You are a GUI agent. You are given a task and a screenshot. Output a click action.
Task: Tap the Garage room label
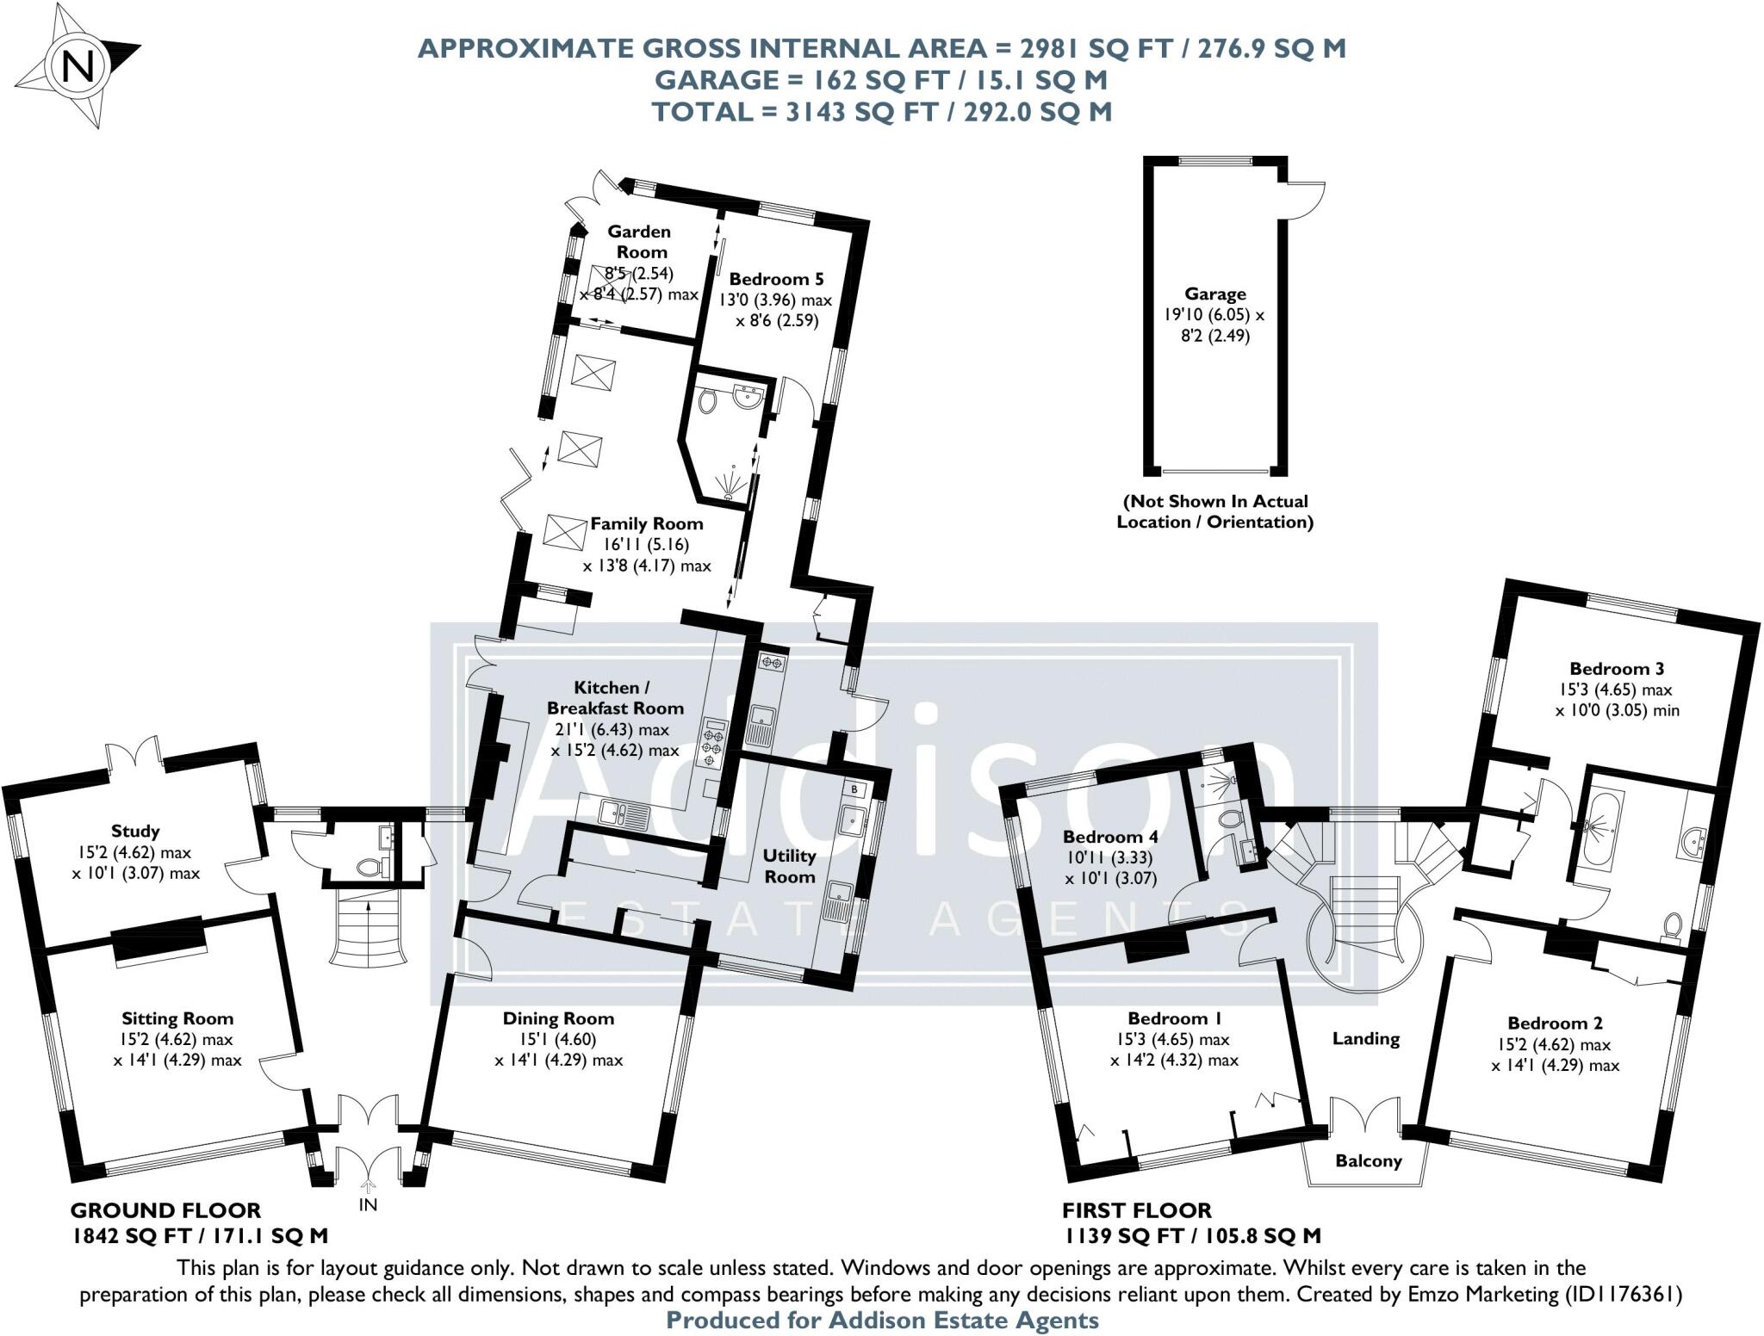(x=1214, y=294)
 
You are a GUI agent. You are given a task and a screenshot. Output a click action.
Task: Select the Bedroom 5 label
(x=776, y=279)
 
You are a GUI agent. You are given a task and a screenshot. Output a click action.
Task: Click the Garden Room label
(x=639, y=242)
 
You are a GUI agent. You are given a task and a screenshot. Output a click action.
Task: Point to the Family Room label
(x=647, y=523)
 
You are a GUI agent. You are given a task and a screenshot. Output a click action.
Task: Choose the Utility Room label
(x=789, y=866)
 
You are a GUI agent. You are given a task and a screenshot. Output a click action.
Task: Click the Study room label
(x=135, y=831)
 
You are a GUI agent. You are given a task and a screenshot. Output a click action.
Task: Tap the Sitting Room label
(x=177, y=1018)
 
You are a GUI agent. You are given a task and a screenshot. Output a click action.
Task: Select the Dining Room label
(x=558, y=1018)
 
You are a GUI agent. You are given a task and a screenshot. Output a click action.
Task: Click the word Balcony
(x=1368, y=1160)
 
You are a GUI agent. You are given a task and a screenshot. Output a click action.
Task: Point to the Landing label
(x=1365, y=1038)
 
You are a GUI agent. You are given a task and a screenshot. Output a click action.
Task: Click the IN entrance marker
(x=368, y=1204)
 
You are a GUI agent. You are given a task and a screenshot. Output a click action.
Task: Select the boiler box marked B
(x=854, y=789)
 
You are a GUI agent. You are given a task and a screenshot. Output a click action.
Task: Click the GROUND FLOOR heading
(x=165, y=1210)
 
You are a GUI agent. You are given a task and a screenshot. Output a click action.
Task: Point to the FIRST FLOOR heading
(x=1136, y=1210)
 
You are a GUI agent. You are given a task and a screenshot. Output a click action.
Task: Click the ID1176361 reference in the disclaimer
(x=1622, y=1293)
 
